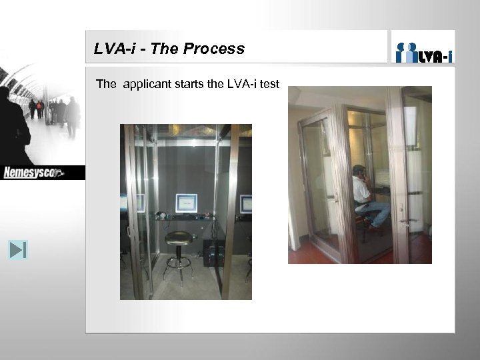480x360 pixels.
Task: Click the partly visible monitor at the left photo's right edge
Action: pos(246,203)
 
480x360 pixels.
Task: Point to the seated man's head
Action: pos(359,172)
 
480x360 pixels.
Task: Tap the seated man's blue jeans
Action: pos(379,213)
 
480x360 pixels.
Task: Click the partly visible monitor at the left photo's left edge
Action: pos(123,202)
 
